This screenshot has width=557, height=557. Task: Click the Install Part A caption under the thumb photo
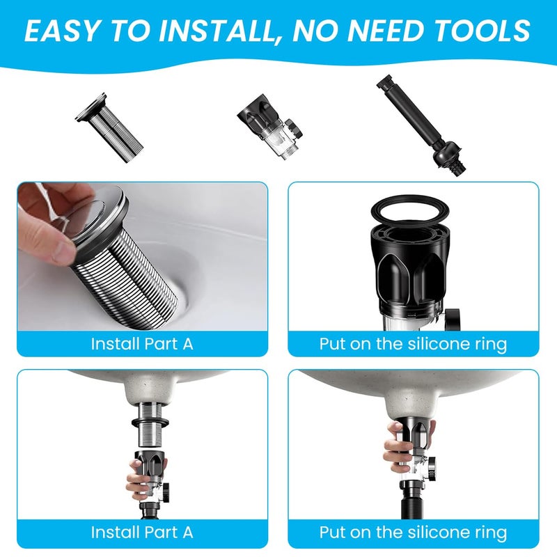(142, 343)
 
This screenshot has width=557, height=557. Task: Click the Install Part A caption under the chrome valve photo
(142, 533)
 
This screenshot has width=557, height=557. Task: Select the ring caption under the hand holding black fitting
(414, 533)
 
